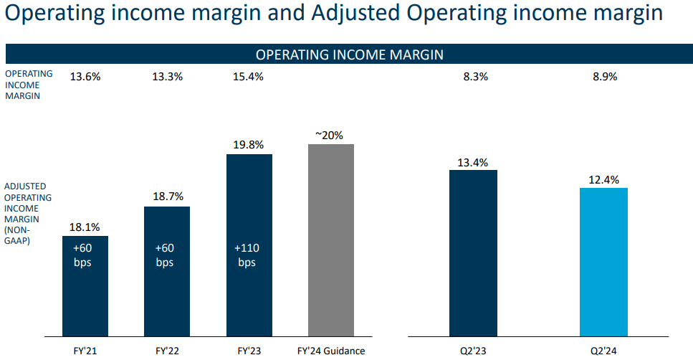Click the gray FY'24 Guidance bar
[x=330, y=240]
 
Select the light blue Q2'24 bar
[x=603, y=262]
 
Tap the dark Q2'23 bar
[x=473, y=252]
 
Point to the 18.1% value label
[x=85, y=227]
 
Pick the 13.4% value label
[x=473, y=162]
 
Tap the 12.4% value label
[x=603, y=180]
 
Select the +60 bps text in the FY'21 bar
[x=85, y=255]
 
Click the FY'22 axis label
[x=167, y=351]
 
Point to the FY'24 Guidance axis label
[x=330, y=351]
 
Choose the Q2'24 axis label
[x=603, y=351]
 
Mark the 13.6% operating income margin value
[x=85, y=76]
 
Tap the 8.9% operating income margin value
[x=603, y=76]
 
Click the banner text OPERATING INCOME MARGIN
[x=349, y=55]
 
